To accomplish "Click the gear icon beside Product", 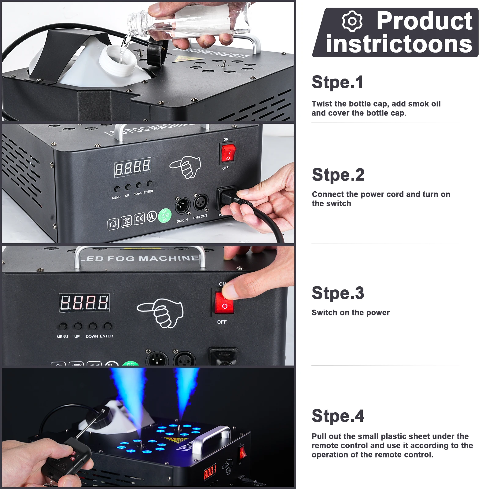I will [352, 21].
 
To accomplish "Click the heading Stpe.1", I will [337, 82].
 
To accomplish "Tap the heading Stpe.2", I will [338, 175].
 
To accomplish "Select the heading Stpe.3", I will [338, 293].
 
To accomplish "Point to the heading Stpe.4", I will [338, 416].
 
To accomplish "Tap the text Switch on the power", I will [351, 313].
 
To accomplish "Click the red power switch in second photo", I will [228, 153].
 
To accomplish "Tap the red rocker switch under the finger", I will [224, 303].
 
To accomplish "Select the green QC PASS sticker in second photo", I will [164, 215].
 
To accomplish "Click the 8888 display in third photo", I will [84, 303].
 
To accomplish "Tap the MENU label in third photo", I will [62, 336].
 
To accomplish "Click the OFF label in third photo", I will [222, 322].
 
